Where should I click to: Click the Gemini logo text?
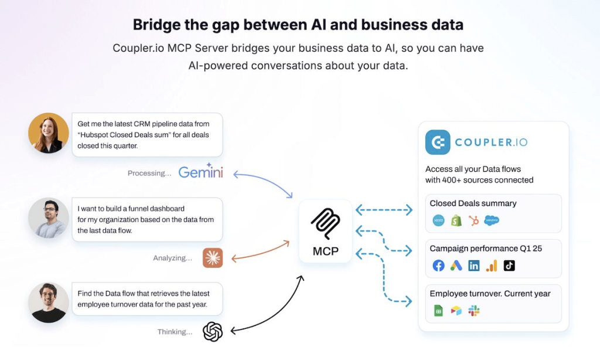point(200,172)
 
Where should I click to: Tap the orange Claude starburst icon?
point(213,257)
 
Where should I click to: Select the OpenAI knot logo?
point(213,332)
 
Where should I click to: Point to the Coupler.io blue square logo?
point(438,142)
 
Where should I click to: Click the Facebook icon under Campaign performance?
point(438,266)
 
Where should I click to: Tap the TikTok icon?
point(509,266)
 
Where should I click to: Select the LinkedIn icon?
point(474,266)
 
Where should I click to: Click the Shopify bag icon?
point(456,220)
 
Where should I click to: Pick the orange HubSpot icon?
point(474,220)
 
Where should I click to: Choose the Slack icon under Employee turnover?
point(474,311)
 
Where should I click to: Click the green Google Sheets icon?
point(438,311)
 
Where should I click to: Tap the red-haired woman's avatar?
point(49,133)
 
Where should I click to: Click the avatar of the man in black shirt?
point(49,303)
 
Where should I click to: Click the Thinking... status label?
point(175,332)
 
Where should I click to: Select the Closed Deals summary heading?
point(473,203)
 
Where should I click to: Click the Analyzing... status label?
point(172,258)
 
